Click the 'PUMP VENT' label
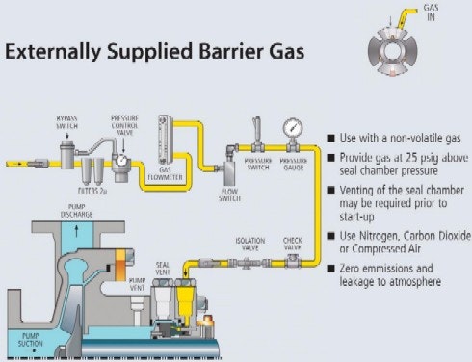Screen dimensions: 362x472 click(x=137, y=284)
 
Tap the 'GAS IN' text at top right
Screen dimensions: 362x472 click(x=434, y=11)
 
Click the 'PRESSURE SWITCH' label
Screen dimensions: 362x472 click(x=257, y=163)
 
